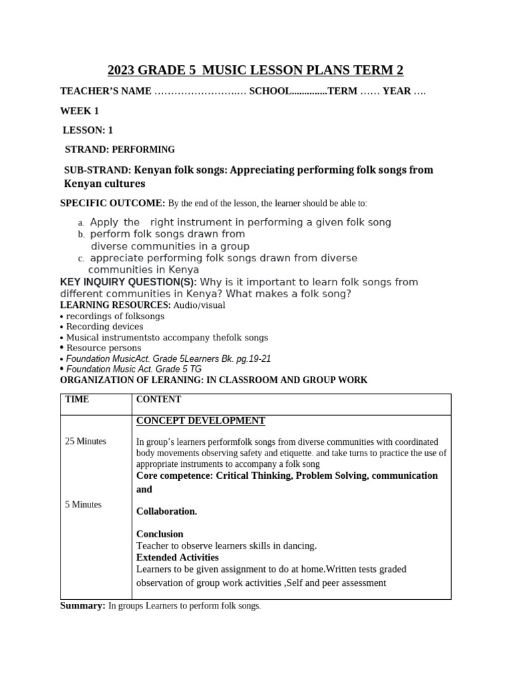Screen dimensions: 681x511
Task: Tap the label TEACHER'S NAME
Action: [x=106, y=91]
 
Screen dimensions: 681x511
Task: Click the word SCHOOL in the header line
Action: [x=269, y=91]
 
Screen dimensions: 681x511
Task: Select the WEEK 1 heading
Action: [x=79, y=111]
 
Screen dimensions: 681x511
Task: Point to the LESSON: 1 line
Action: [x=88, y=130]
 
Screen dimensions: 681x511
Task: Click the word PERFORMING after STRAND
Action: [x=143, y=150]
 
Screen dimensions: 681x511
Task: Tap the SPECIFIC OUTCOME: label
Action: [x=112, y=203]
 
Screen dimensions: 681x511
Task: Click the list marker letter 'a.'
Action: [x=81, y=223]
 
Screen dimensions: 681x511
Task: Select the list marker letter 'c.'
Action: [x=81, y=259]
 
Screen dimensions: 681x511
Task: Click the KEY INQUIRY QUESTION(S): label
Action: [x=128, y=282]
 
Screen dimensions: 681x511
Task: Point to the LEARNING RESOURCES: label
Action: [x=115, y=305]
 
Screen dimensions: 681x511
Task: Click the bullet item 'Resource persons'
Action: [x=104, y=348]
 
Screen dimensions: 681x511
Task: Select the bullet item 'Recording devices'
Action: [x=104, y=327]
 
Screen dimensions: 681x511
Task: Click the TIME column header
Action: [x=77, y=400]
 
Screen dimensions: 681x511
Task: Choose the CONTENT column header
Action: [x=158, y=400]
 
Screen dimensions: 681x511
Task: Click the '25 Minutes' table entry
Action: [x=85, y=442]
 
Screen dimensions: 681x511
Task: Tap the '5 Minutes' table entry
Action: [x=83, y=505]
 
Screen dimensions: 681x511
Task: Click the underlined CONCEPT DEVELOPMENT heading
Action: [x=200, y=421]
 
